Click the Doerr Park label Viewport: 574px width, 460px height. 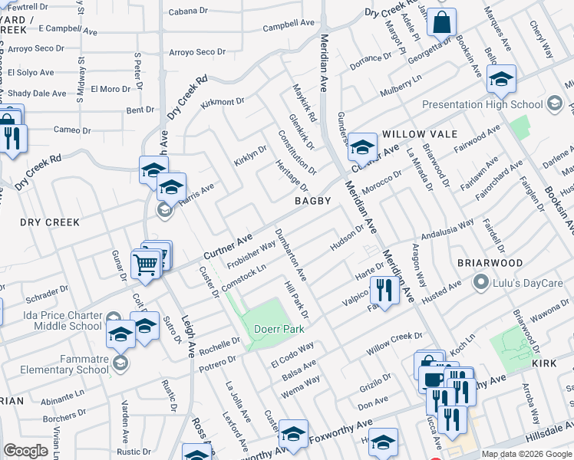(x=279, y=329)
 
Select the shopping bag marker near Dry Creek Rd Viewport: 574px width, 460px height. (x=441, y=22)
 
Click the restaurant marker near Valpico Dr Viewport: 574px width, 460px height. (x=381, y=290)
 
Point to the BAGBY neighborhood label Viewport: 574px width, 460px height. (x=313, y=201)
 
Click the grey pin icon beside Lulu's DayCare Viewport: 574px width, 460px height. (x=481, y=283)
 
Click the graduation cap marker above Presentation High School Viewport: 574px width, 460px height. (x=501, y=79)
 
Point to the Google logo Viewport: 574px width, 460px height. (x=27, y=451)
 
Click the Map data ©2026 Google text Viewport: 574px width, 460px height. (x=526, y=454)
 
